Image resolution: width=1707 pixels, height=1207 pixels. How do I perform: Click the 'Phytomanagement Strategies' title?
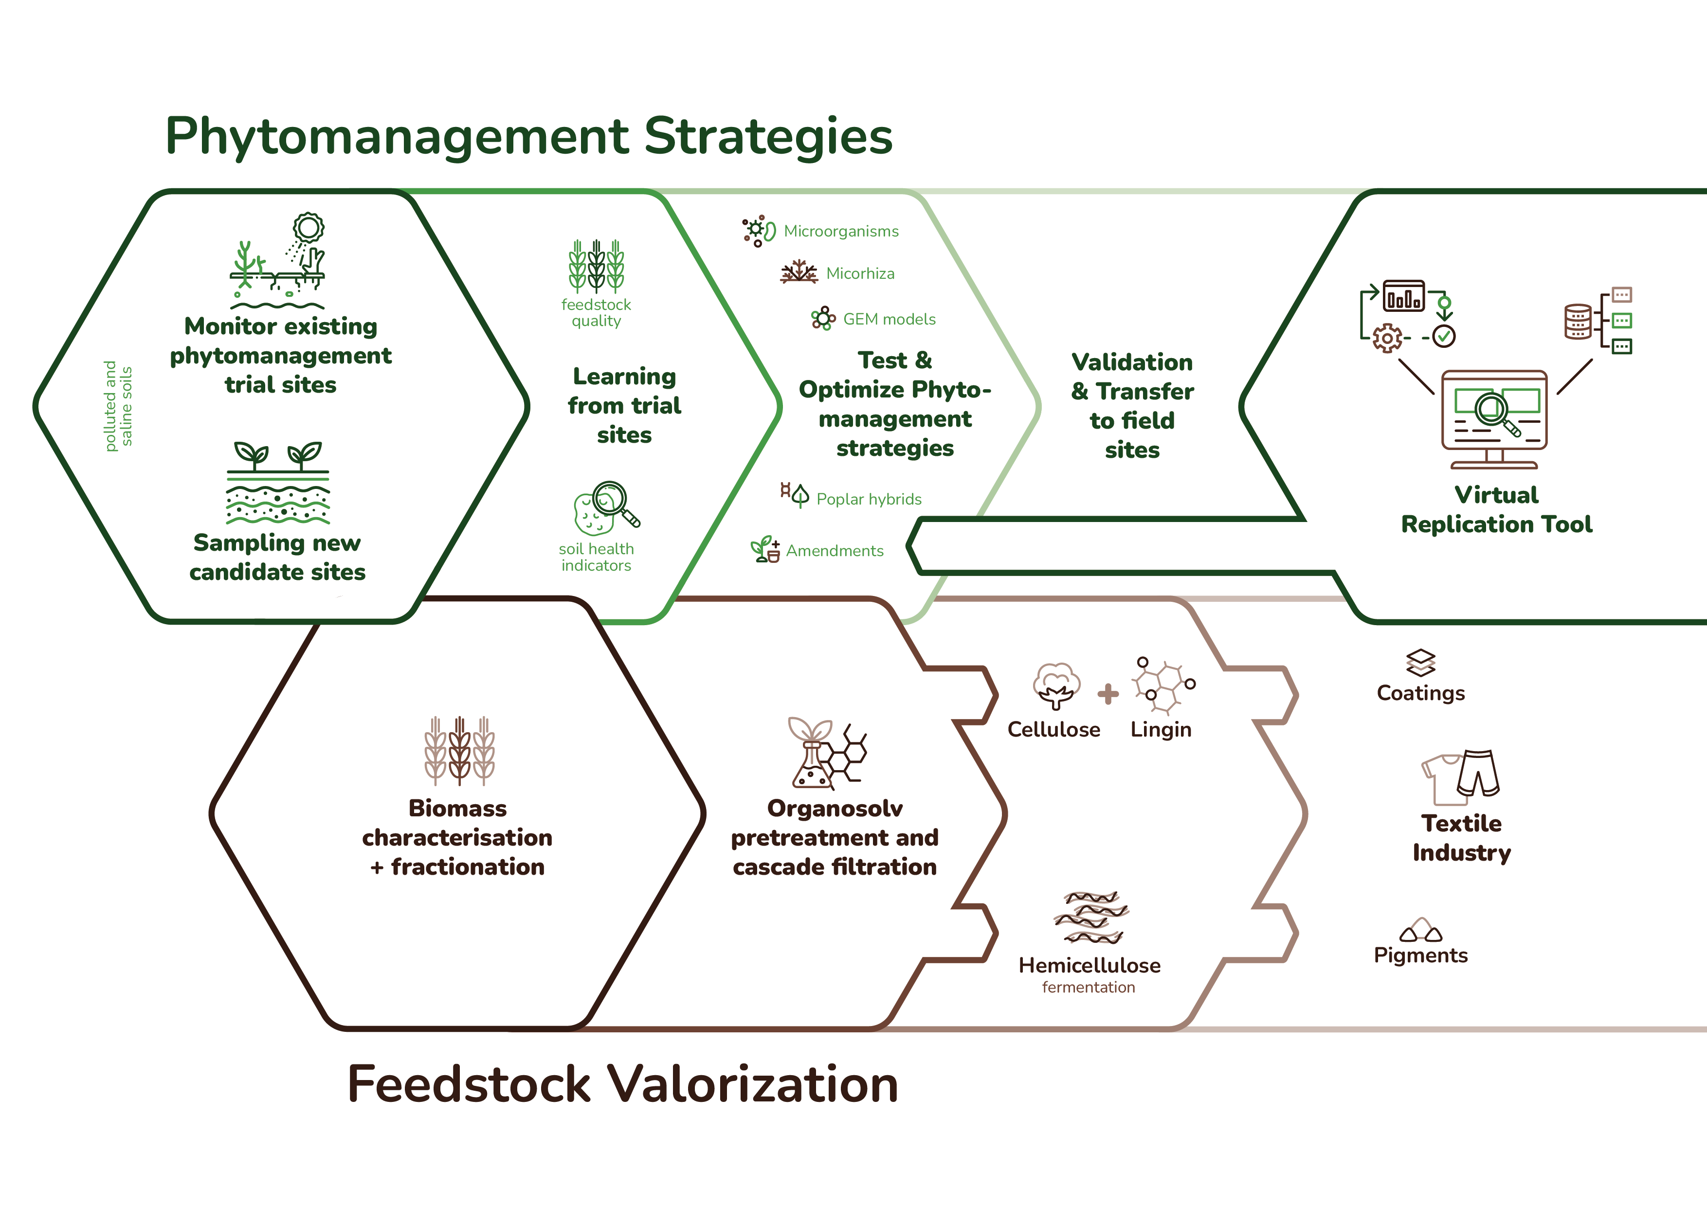528,137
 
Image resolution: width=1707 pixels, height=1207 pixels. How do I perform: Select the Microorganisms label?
841,231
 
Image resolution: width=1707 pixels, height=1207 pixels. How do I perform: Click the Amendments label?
835,551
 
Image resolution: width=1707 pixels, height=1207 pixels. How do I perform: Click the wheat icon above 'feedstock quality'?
596,265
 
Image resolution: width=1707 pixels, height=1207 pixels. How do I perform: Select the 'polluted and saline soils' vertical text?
118,406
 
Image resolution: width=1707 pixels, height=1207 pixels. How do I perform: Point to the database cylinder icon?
1578,321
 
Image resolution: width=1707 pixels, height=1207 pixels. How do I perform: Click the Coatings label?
1421,693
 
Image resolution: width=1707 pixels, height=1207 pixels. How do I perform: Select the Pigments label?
1421,955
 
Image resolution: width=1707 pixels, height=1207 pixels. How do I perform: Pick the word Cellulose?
1053,729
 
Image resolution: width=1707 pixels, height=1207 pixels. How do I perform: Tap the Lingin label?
1161,730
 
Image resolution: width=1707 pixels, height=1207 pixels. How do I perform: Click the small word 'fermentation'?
1089,987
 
